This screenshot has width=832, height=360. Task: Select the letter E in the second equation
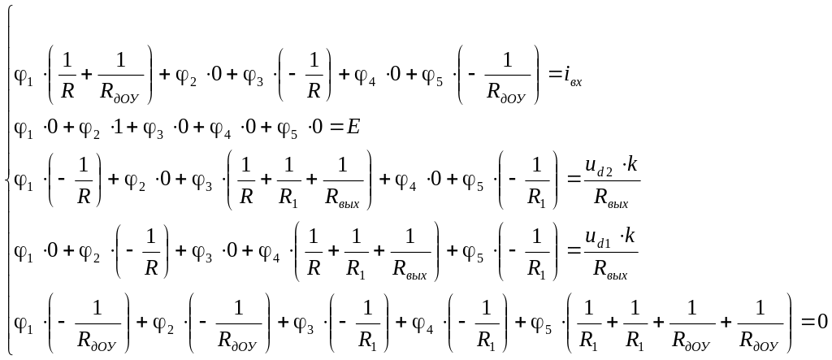pos(353,128)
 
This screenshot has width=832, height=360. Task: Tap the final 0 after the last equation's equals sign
pos(821,323)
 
